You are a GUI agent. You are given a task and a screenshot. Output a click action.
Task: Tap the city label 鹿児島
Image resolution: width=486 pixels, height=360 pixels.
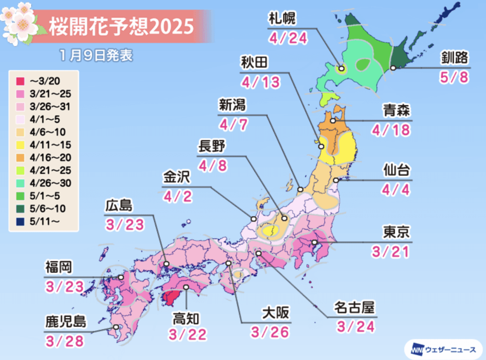point(66,322)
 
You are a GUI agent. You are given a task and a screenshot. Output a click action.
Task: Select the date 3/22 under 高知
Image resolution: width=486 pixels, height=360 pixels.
point(188,334)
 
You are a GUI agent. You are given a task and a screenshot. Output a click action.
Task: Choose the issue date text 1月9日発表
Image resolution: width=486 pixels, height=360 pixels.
point(97,55)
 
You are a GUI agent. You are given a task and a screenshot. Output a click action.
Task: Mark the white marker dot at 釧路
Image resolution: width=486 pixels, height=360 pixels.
point(393,68)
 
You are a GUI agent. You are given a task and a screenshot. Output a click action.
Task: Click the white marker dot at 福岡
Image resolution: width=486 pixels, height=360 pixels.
point(121,277)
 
